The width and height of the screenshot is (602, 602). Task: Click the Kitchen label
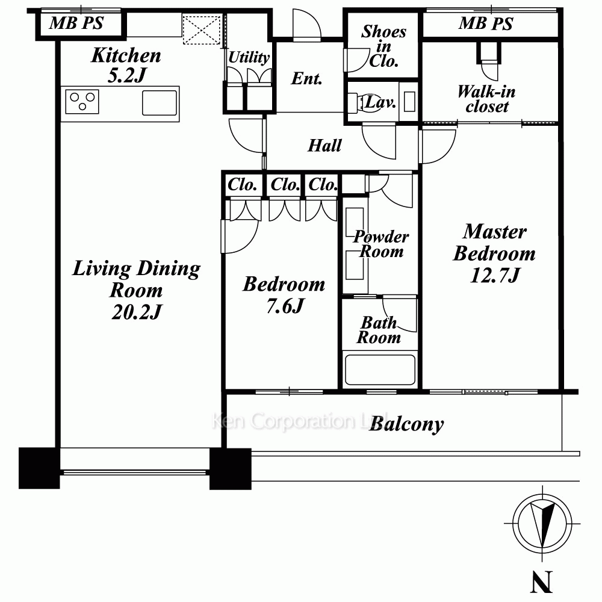(x=126, y=55)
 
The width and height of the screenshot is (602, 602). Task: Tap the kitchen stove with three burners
(x=82, y=102)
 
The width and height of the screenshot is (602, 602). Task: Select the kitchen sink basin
(x=160, y=102)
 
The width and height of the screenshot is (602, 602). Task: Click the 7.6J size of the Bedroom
(x=285, y=306)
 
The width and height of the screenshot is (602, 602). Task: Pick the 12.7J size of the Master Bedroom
(x=495, y=275)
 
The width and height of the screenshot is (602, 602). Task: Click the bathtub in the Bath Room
(x=380, y=370)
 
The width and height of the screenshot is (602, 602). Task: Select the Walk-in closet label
(x=486, y=99)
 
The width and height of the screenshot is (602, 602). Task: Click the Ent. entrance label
(x=306, y=78)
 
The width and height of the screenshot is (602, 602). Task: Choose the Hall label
(x=324, y=146)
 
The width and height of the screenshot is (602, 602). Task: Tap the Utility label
(x=249, y=58)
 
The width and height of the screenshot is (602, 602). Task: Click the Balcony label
(x=406, y=424)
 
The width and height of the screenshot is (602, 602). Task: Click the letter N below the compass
(x=541, y=582)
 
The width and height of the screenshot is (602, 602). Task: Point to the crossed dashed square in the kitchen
(x=202, y=29)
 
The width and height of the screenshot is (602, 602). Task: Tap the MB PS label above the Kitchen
(x=76, y=23)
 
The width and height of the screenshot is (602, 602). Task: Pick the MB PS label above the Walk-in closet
(x=486, y=24)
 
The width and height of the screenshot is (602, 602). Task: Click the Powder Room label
(x=381, y=244)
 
